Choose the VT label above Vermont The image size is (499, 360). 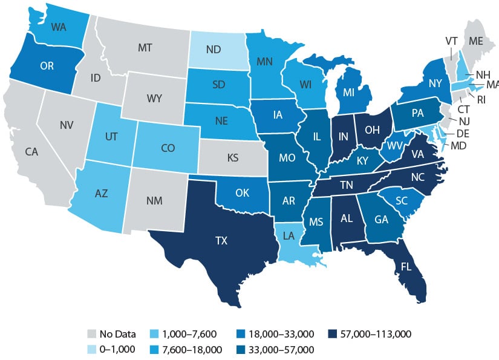click(451, 41)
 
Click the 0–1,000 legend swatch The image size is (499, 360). click(93, 349)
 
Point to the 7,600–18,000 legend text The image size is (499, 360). click(189, 349)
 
